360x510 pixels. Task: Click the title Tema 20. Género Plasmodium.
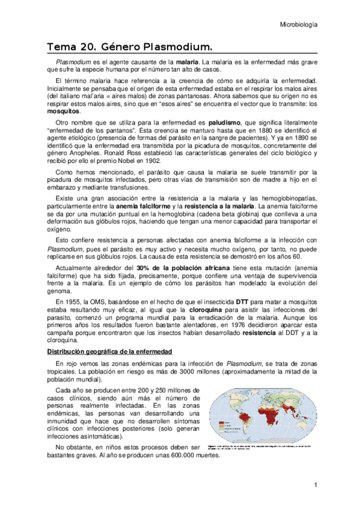(x=130, y=46)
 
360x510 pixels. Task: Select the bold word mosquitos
(x=66, y=112)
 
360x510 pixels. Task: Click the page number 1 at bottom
(x=315, y=485)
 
